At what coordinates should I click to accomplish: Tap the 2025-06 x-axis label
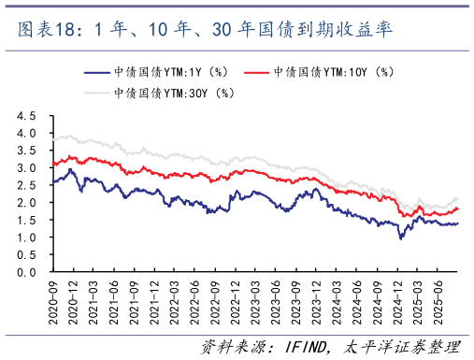(x=437, y=299)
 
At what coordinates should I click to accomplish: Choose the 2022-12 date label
(x=234, y=299)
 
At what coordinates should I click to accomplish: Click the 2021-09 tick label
(x=133, y=299)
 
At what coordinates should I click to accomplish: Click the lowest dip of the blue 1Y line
(x=401, y=238)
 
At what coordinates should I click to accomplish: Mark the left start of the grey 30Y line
(x=53, y=139)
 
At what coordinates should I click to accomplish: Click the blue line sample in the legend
(x=100, y=72)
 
